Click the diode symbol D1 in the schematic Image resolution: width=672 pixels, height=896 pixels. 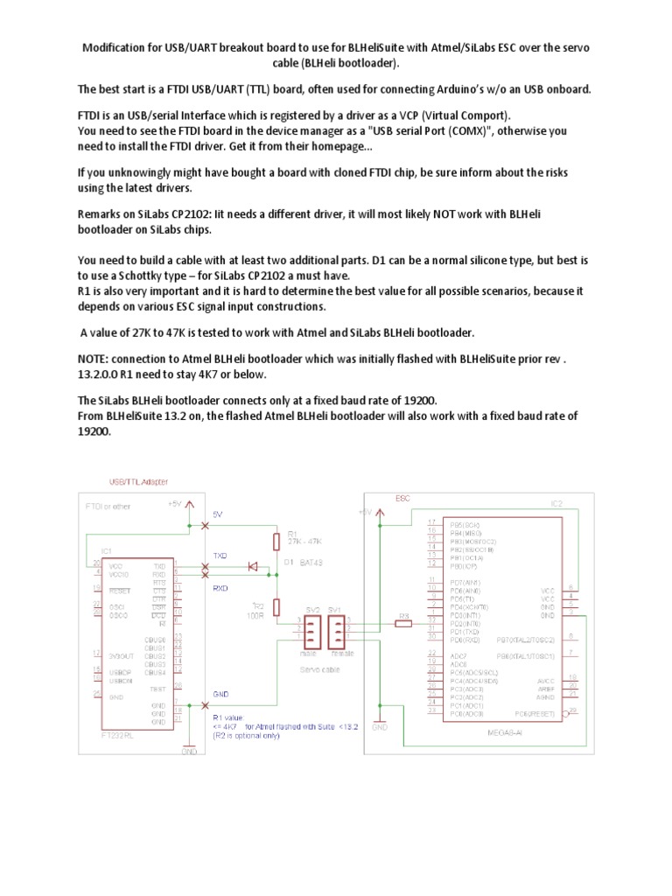click(254, 567)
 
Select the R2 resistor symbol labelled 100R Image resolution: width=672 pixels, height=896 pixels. click(277, 606)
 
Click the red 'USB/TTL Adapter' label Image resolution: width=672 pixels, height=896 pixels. click(138, 482)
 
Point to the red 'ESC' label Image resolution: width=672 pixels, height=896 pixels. click(402, 497)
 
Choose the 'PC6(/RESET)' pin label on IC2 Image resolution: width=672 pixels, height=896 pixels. click(535, 713)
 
